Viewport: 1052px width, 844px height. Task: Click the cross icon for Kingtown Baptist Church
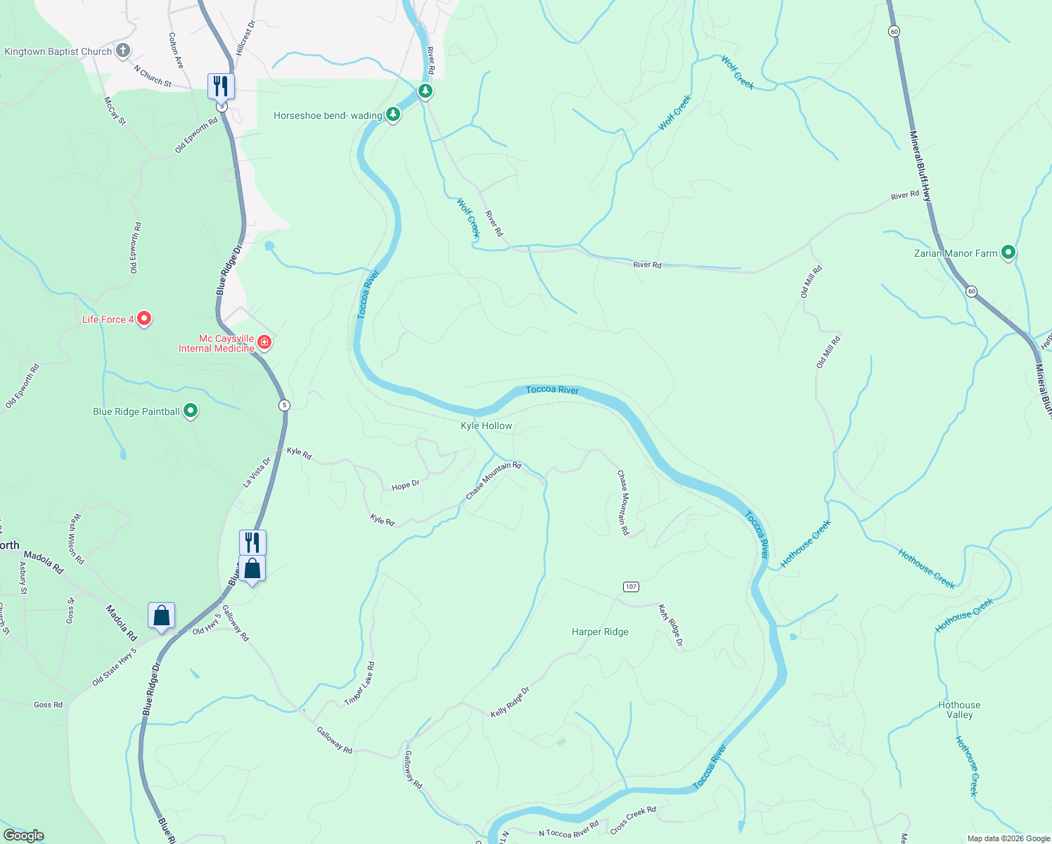pos(123,50)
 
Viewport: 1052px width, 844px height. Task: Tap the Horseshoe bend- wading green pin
pos(393,115)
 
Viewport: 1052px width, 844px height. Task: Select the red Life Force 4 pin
pos(144,319)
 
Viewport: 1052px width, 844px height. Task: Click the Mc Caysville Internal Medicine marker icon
pos(264,343)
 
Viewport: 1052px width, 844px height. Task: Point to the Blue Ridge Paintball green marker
pos(190,411)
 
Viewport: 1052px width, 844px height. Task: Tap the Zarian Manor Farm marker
pos(1008,252)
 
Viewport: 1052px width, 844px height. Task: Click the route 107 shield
pos(631,587)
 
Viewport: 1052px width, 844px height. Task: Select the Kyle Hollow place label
pos(487,426)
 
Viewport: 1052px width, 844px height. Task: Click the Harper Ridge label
pos(600,632)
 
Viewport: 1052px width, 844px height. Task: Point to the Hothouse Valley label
pos(959,710)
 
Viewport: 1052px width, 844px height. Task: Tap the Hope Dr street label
pos(406,485)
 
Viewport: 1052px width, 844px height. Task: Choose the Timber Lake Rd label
pos(360,684)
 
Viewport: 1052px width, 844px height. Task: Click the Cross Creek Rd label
pos(633,820)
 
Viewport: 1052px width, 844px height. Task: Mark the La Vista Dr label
pos(257,473)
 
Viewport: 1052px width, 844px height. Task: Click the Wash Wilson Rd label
pos(76,539)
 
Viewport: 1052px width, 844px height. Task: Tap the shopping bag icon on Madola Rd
pos(162,615)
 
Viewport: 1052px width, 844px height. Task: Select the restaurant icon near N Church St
pos(221,87)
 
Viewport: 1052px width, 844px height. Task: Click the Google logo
pos(24,836)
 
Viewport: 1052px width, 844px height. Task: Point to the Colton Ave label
pos(176,51)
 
